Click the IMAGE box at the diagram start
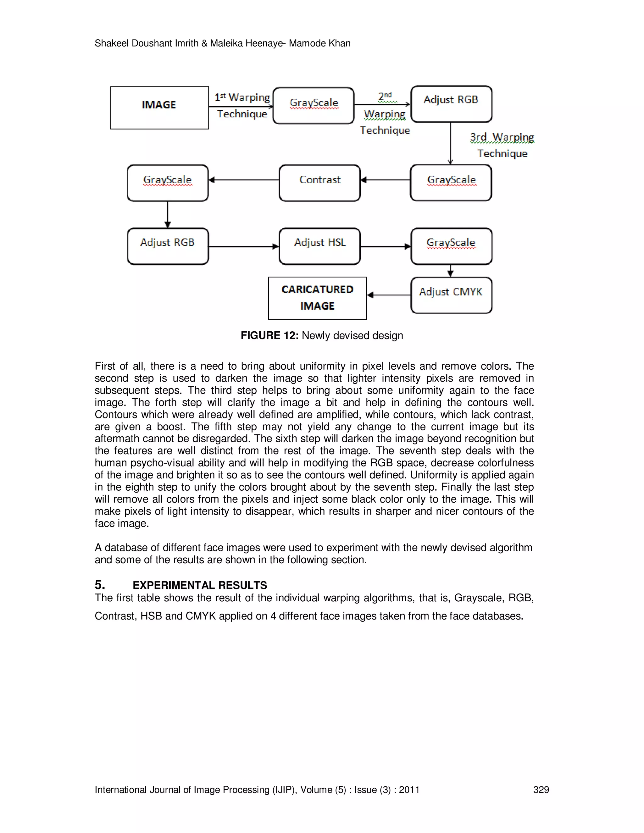point(159,108)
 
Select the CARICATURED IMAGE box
point(317,298)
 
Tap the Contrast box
point(320,183)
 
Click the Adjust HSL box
point(320,246)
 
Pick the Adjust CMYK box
point(451,295)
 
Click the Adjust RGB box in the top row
point(451,104)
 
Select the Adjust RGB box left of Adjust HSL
point(168,246)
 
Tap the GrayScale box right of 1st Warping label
point(314,106)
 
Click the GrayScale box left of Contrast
point(168,183)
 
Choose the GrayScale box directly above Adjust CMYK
point(451,246)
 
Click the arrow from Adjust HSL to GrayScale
point(385,246)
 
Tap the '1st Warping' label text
point(242,97)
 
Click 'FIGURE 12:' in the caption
point(269,335)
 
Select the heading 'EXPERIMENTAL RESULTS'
point(200,585)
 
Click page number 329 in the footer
point(541,790)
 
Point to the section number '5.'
point(100,585)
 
